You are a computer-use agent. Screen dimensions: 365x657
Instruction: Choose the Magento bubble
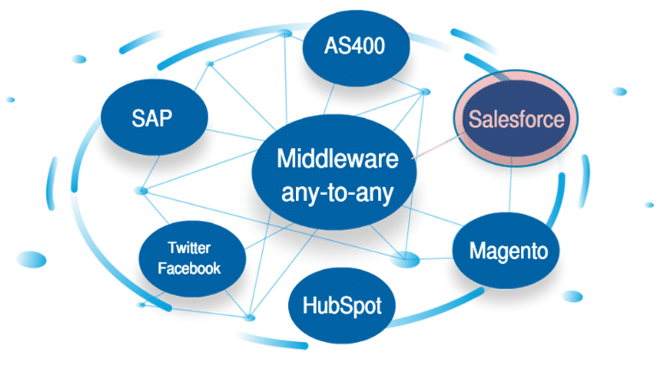(x=507, y=250)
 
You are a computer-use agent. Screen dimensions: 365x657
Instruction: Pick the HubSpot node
(x=341, y=305)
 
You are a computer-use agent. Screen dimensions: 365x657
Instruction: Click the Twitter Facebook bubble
(x=193, y=258)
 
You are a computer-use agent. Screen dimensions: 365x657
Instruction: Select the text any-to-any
(x=336, y=193)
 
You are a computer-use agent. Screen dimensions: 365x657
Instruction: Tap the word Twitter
(x=193, y=249)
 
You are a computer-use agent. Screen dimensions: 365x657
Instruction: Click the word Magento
(x=508, y=251)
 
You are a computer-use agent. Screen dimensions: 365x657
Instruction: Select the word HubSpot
(x=341, y=305)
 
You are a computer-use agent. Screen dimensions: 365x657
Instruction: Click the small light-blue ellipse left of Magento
(x=406, y=258)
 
